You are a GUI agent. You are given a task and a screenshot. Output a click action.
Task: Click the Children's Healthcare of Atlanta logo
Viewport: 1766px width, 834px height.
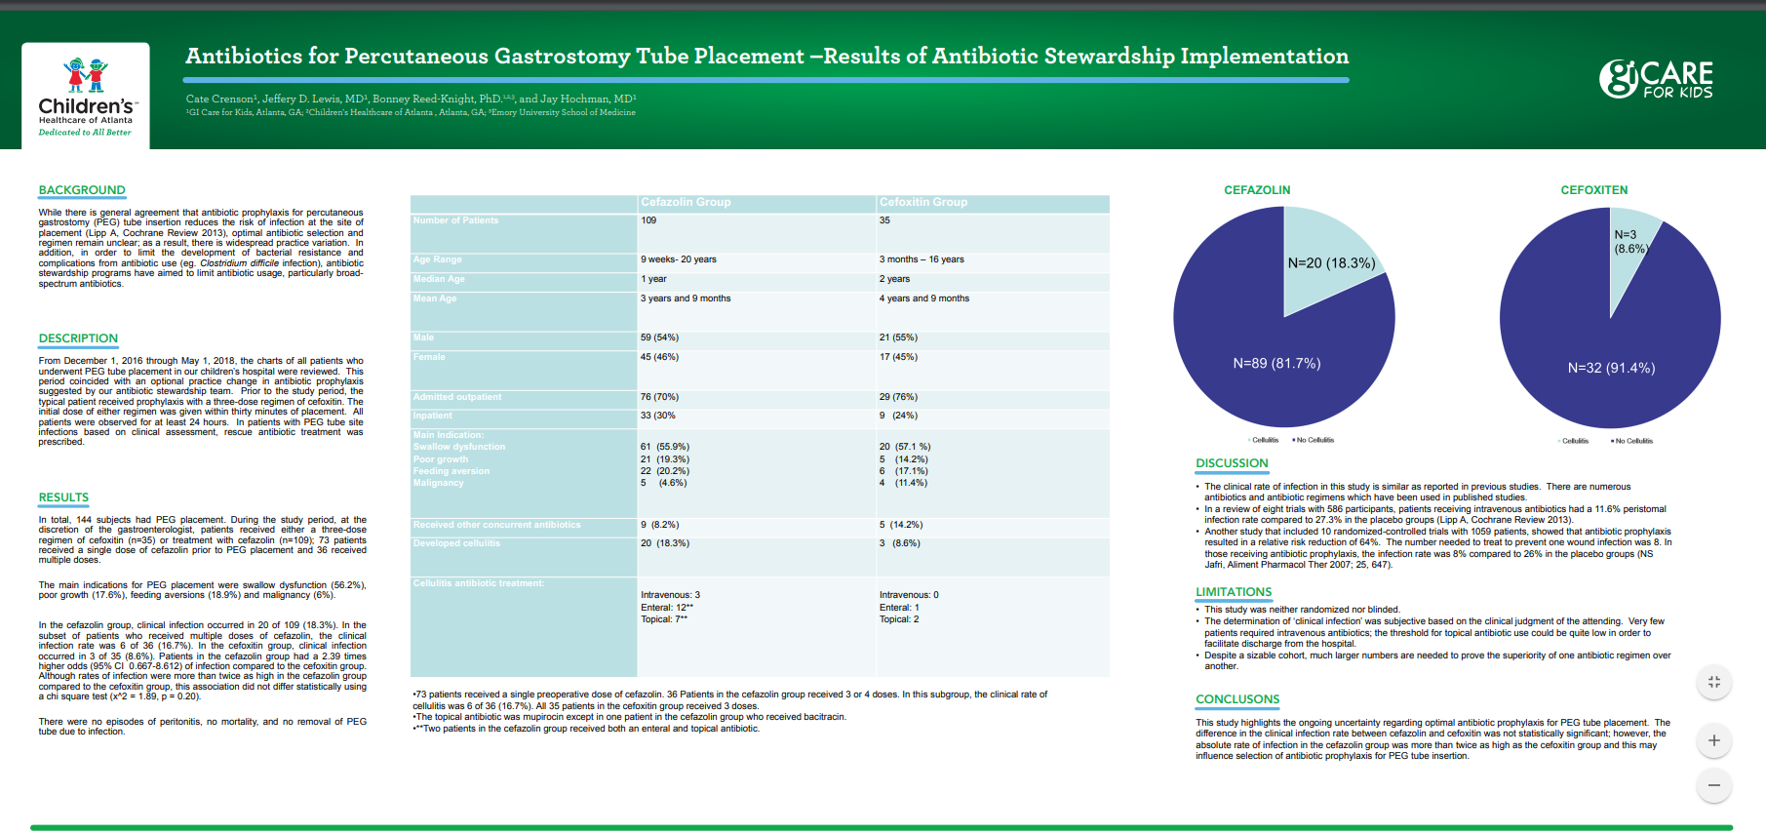(x=86, y=97)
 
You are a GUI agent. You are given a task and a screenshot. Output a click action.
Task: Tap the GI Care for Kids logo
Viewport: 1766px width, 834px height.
(x=1656, y=79)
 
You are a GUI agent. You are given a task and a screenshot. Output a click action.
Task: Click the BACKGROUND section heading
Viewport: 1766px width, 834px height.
(x=82, y=190)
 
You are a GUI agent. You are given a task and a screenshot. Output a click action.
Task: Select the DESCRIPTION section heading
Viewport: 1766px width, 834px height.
(x=78, y=338)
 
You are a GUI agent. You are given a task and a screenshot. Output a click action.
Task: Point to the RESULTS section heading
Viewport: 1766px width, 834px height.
(x=63, y=497)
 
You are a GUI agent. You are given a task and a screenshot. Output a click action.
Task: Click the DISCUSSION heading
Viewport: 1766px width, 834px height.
(x=1232, y=463)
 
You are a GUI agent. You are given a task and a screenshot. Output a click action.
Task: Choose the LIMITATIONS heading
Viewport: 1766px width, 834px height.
(x=1234, y=592)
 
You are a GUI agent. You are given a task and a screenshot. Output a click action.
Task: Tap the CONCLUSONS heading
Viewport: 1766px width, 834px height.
(x=1237, y=699)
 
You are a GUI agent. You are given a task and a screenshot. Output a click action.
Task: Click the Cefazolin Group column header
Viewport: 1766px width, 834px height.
(x=686, y=202)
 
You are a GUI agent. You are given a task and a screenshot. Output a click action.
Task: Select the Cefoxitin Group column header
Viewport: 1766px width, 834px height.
(x=923, y=202)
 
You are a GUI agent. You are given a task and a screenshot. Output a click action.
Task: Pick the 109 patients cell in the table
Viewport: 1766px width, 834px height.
(x=648, y=220)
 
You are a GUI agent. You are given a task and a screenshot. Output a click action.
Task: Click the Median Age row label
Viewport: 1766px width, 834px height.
(x=439, y=279)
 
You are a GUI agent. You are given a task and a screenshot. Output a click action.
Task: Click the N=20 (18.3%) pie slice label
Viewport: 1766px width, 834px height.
(x=1331, y=263)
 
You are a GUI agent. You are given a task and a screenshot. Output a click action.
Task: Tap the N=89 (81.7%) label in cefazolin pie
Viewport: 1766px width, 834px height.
(x=1276, y=363)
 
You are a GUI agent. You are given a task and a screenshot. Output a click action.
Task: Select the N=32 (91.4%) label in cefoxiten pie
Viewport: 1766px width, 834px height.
(x=1611, y=368)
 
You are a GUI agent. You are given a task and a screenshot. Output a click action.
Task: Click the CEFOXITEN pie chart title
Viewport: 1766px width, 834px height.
(x=1593, y=190)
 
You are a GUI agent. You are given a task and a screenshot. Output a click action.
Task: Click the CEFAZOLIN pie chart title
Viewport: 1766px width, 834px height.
(x=1257, y=190)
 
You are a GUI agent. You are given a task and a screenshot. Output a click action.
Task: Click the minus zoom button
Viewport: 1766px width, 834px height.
(x=1713, y=785)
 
